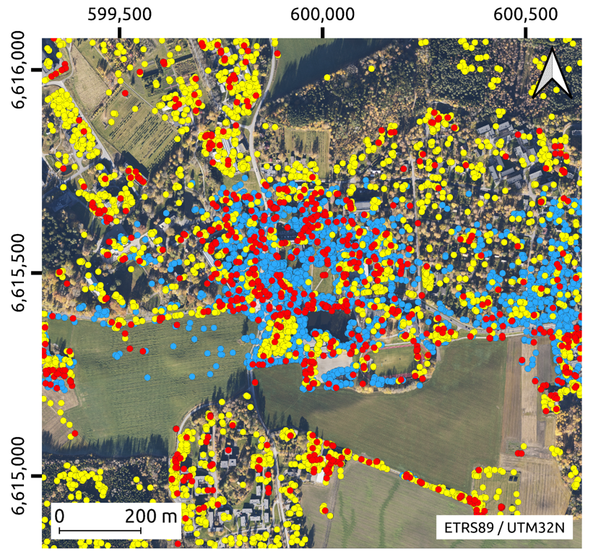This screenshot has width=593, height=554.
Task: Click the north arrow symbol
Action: click(x=552, y=74)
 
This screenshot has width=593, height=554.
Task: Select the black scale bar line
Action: click(x=100, y=531)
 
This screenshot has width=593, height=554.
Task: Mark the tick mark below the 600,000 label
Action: click(x=323, y=33)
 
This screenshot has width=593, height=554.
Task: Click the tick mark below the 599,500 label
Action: click(x=119, y=33)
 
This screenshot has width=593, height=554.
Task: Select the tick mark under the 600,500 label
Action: click(x=526, y=33)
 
